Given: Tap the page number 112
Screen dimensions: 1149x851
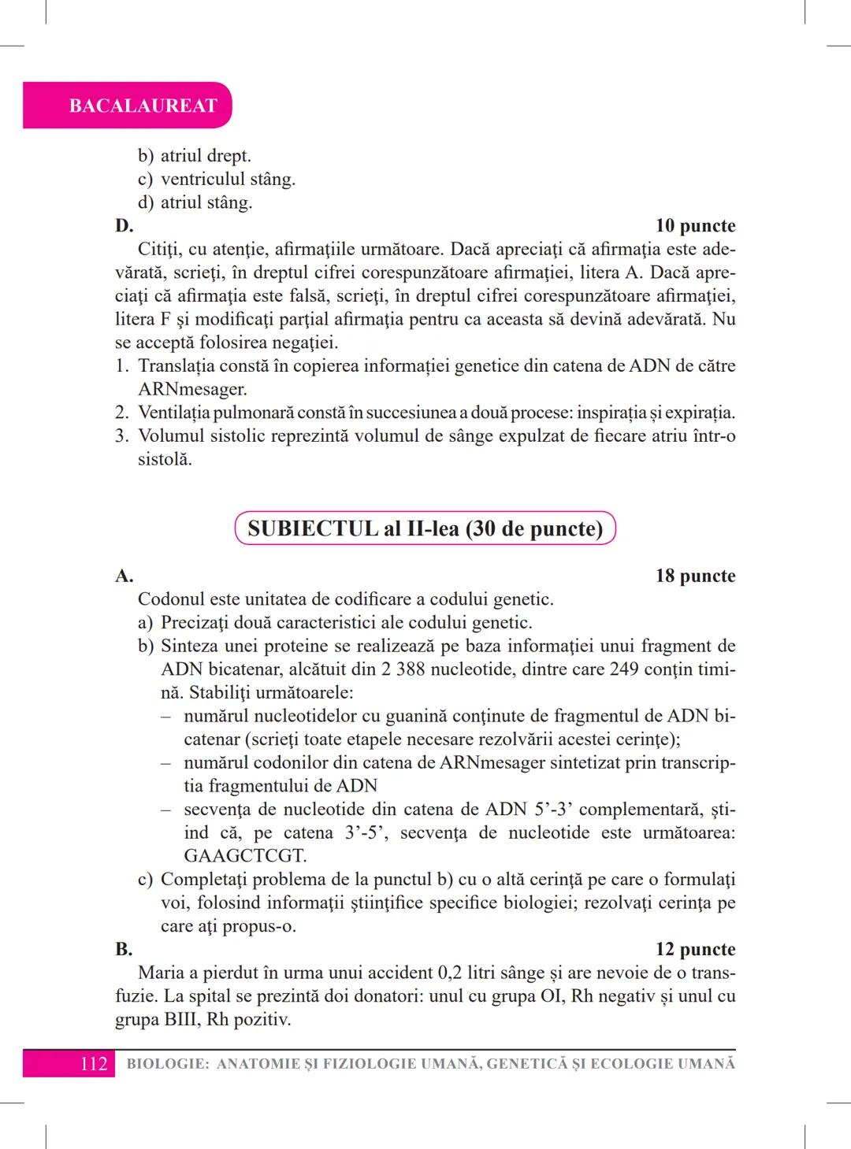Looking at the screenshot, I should coord(94,1064).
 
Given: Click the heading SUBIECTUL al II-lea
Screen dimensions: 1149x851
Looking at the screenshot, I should coord(425,528).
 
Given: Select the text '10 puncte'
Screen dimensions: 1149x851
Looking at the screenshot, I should coord(695,226).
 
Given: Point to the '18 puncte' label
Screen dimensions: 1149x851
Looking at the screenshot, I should coord(695,576).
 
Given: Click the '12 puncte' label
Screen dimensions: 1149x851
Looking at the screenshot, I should coord(695,949).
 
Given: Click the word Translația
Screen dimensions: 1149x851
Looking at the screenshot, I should coord(175,366).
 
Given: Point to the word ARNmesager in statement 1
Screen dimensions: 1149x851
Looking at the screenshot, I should coord(192,389).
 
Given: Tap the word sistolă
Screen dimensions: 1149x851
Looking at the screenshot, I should coord(165,459).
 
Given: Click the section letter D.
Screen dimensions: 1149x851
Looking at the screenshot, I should coord(124,226).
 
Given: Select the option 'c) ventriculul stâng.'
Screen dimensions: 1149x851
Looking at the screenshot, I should coord(217,180).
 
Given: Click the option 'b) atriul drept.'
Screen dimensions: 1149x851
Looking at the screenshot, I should coord(195,156).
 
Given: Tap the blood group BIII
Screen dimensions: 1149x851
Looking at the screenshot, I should coord(136,1020).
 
